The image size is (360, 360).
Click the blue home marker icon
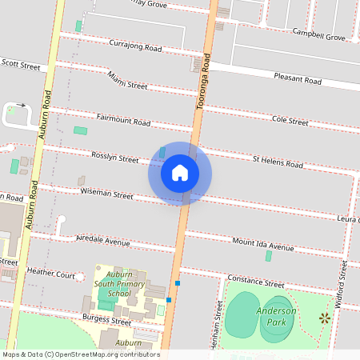tap(180, 172)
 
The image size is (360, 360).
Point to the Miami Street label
tap(127, 80)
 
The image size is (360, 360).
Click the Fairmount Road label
tap(123, 122)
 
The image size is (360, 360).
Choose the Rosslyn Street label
tap(115, 158)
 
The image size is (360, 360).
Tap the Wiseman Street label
tap(106, 194)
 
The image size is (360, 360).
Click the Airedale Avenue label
tap(102, 241)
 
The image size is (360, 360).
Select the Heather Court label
tap(50, 274)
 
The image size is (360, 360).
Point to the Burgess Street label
tap(106, 321)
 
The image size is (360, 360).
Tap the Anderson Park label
tap(277, 317)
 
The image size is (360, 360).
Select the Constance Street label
tap(256, 282)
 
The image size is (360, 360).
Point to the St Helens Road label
tap(278, 162)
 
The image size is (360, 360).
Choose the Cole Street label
tap(290, 121)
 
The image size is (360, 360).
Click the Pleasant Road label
tap(297, 80)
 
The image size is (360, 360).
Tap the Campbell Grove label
tap(318, 37)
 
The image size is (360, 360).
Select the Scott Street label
tap(20, 63)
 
